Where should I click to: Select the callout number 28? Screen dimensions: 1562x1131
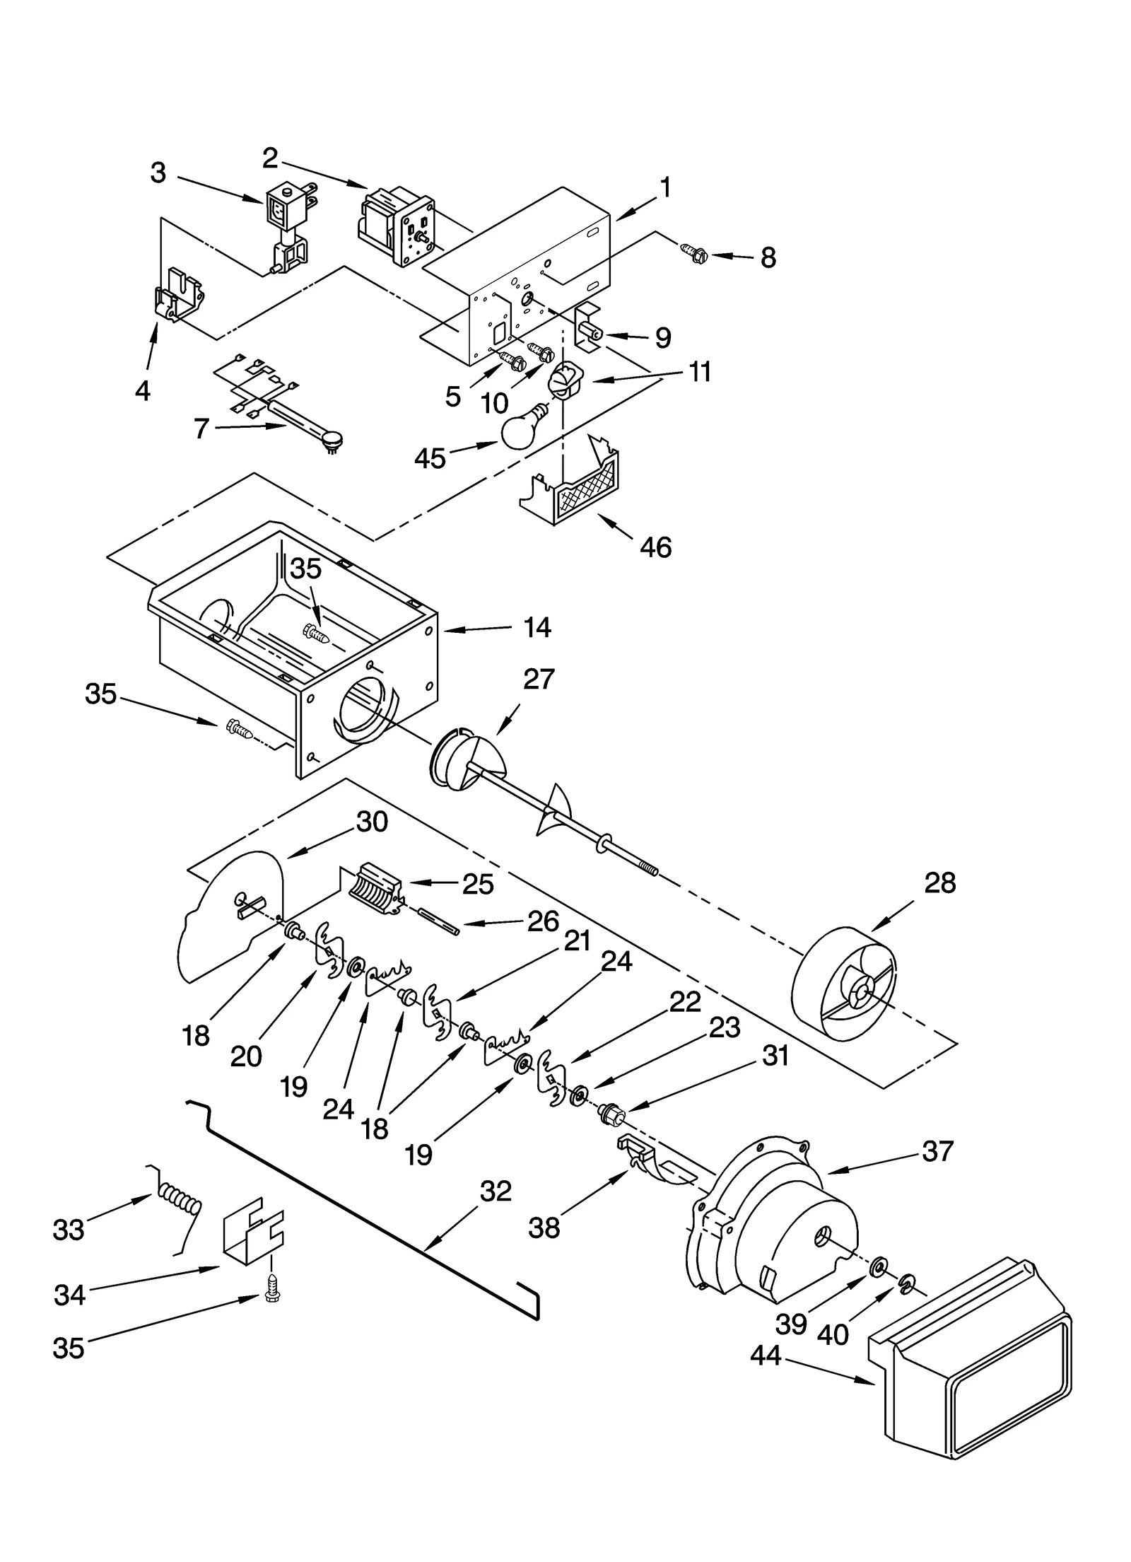click(x=939, y=883)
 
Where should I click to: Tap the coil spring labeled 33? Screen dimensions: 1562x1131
click(x=180, y=1203)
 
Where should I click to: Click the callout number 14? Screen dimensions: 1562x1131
click(x=537, y=627)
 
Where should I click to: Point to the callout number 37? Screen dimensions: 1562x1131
click(x=937, y=1152)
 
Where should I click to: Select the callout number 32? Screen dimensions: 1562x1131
click(x=496, y=1191)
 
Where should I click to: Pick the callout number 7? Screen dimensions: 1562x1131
click(x=201, y=429)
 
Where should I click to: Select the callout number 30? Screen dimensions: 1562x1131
click(x=372, y=822)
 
